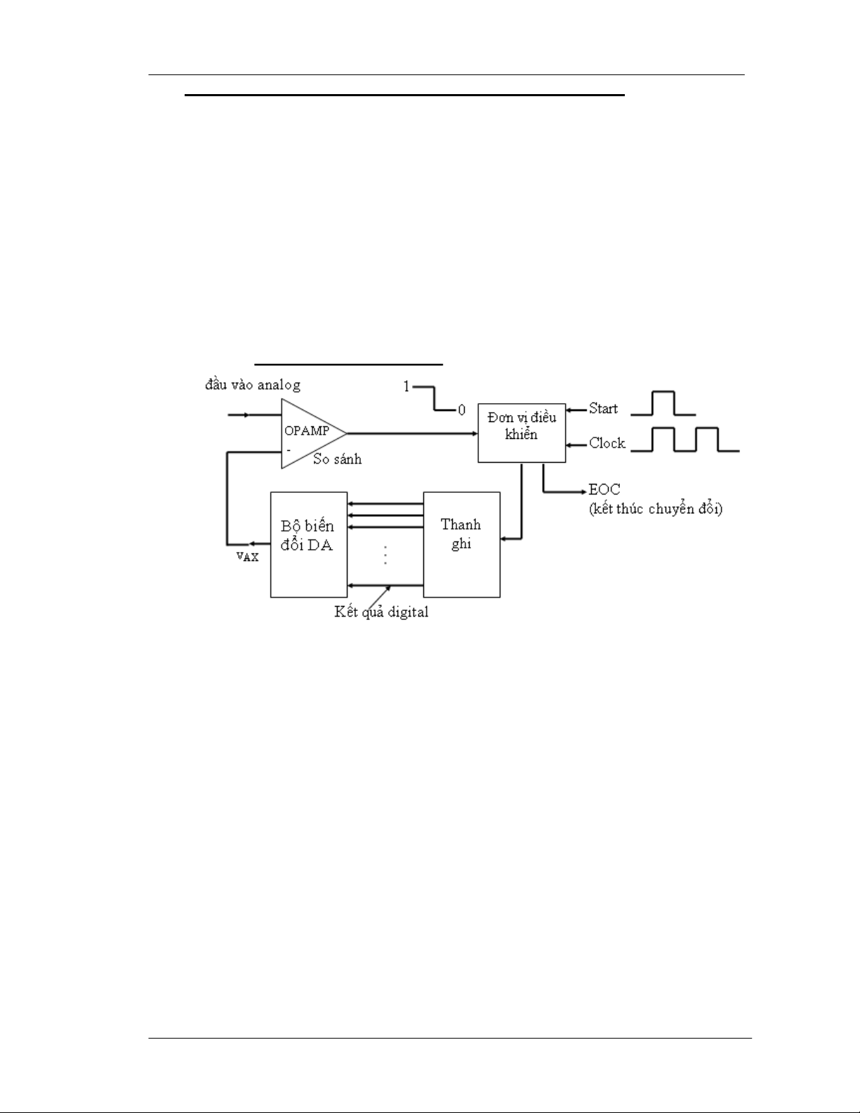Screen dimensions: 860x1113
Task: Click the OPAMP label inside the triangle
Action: coord(307,431)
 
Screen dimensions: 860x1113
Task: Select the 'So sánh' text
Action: coord(338,459)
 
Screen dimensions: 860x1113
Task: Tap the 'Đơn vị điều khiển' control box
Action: coord(522,433)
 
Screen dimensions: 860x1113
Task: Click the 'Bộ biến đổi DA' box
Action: coord(309,544)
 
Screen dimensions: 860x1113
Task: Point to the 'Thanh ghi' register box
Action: coord(462,544)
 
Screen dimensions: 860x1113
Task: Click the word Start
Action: coord(603,409)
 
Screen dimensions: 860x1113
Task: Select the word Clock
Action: coord(607,443)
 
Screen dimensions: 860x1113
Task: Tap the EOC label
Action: coord(604,489)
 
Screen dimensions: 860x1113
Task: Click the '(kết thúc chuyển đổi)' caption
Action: coord(655,509)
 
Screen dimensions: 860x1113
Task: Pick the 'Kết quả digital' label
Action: coord(381,612)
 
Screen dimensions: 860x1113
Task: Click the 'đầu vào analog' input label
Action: coord(253,385)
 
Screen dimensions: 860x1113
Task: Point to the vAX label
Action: coord(247,555)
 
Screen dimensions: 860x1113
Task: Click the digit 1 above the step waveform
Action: coord(406,387)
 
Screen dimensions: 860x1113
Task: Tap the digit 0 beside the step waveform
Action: coord(462,411)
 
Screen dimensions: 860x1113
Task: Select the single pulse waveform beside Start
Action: coord(663,403)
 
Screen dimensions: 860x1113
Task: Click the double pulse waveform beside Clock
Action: coord(685,440)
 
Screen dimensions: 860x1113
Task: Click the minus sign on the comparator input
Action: coord(289,449)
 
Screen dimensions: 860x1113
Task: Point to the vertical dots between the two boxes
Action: coord(385,555)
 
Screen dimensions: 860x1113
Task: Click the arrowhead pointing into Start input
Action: coord(569,410)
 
